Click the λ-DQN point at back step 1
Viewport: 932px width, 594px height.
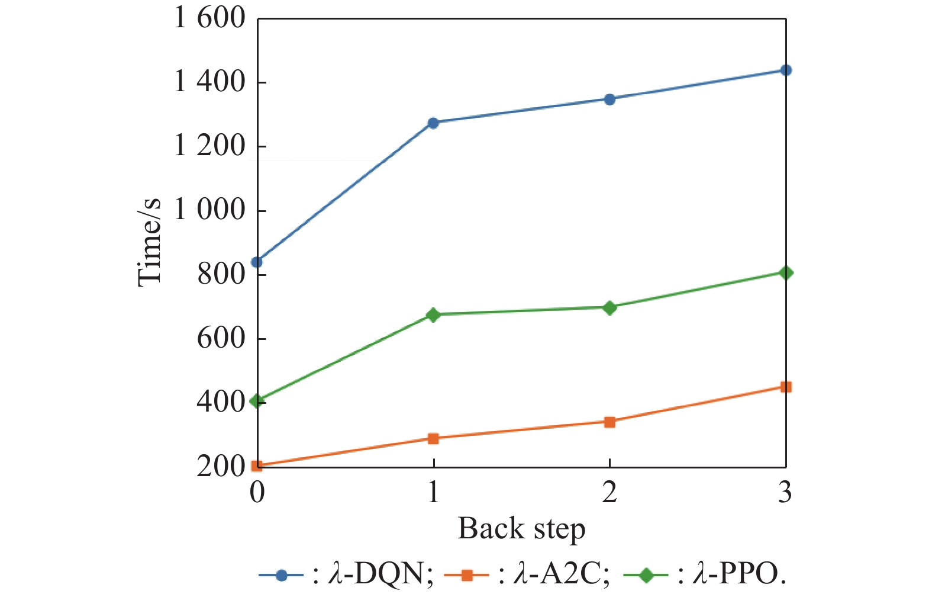[433, 123]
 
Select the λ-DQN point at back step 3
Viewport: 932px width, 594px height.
[786, 70]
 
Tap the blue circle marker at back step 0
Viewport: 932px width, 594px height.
[257, 262]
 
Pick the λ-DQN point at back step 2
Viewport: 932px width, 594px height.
[609, 99]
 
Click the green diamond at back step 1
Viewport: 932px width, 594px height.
[433, 314]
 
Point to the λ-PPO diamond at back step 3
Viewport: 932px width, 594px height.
[786, 273]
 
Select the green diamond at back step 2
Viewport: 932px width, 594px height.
[609, 307]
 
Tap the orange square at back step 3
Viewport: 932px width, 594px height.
[786, 387]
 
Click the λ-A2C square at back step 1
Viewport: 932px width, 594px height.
[433, 439]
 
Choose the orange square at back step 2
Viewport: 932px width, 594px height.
[609, 422]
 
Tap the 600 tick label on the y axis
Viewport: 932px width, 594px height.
[221, 339]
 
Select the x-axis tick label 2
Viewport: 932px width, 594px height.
[609, 492]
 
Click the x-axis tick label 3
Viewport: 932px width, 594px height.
[785, 492]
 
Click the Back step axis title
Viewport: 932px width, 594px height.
[521, 529]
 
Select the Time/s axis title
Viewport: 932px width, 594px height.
[149, 242]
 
